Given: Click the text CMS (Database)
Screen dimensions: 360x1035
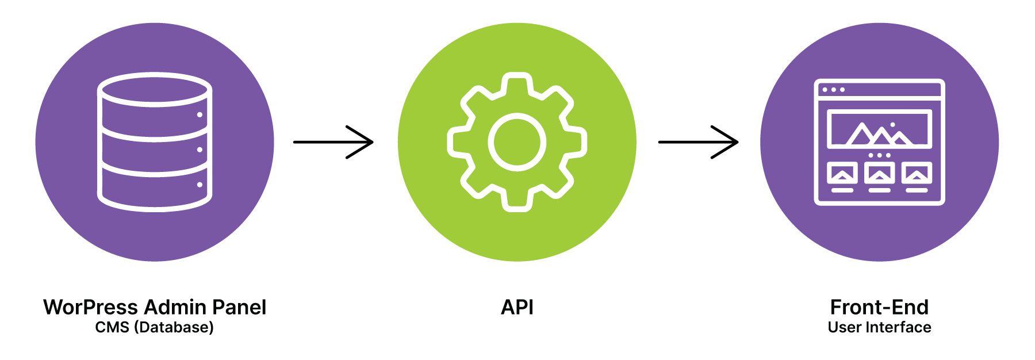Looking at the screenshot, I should [154, 328].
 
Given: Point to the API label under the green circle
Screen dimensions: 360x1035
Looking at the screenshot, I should [517, 307].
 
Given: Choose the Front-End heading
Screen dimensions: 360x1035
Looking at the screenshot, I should [879, 307].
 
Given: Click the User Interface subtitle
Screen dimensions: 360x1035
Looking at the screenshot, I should [879, 328].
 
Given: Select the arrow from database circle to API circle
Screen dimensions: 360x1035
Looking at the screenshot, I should [333, 141].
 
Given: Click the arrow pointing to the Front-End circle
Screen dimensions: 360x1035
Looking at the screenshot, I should [698, 141].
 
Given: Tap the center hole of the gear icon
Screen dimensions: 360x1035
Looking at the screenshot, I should [517, 141].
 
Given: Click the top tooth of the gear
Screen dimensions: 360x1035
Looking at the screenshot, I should [517, 82].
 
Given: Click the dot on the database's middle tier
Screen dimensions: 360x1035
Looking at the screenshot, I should [200, 150].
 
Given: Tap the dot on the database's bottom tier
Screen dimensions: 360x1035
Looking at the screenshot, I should [200, 185].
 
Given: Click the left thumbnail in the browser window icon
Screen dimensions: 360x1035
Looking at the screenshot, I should [842, 173].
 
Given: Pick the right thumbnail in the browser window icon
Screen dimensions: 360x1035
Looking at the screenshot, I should [917, 173].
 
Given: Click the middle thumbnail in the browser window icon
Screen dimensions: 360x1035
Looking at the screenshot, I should [879, 173].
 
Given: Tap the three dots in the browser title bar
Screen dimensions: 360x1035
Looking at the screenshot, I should [834, 90].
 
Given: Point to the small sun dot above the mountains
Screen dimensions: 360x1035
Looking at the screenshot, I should [892, 124].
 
